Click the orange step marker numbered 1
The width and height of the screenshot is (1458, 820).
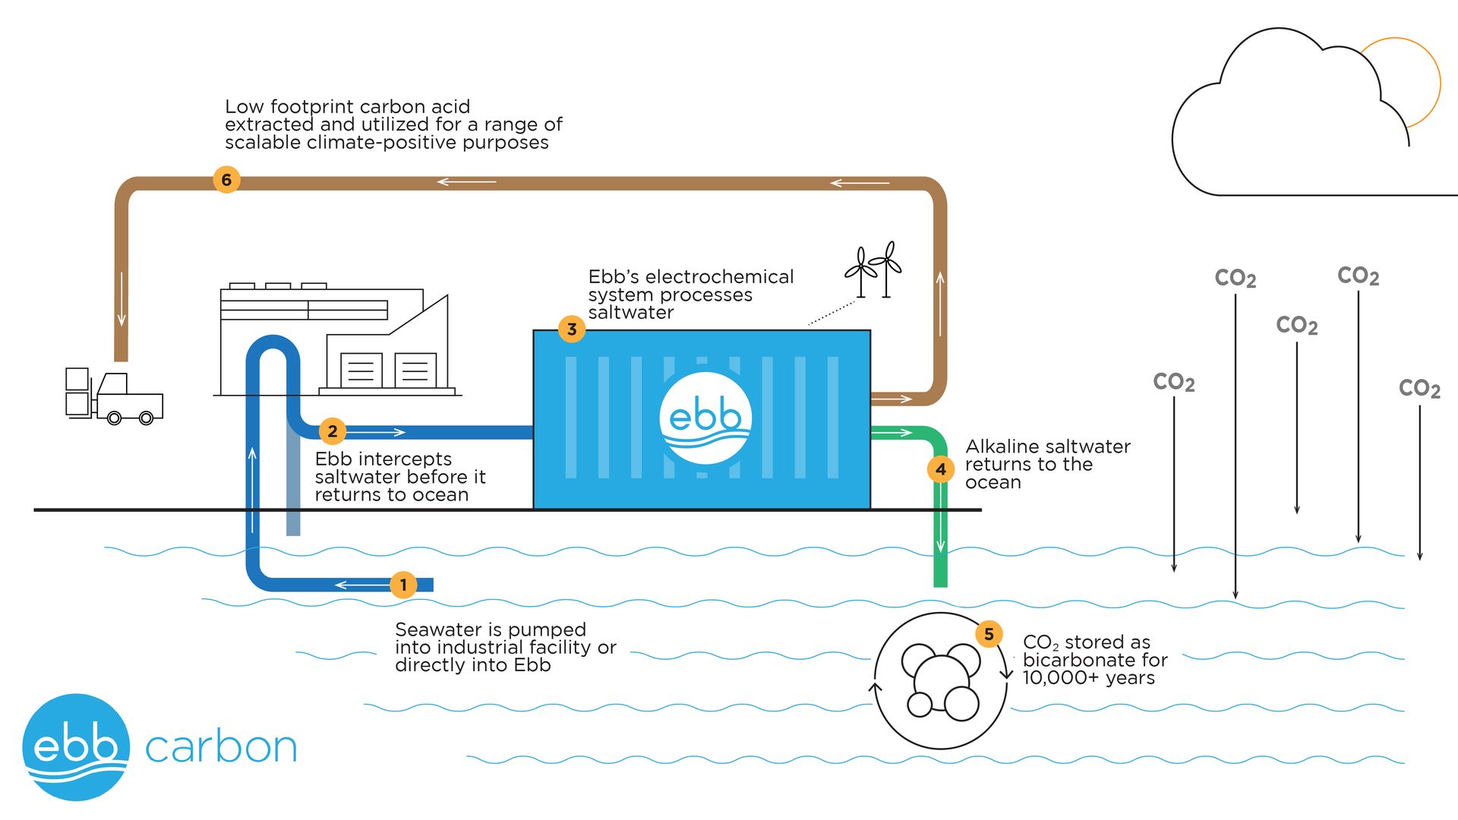tap(403, 585)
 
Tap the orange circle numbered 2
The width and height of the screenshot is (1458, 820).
tap(332, 431)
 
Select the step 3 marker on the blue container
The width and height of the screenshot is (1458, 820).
tap(572, 330)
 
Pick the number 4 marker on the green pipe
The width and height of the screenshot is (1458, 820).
tap(941, 469)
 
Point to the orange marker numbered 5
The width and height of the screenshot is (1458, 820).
tap(989, 634)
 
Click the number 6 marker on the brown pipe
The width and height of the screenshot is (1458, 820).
tap(226, 180)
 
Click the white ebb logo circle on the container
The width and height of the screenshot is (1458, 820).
tap(705, 418)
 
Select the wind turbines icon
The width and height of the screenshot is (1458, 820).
tap(874, 270)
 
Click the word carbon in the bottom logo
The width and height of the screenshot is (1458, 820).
tap(220, 748)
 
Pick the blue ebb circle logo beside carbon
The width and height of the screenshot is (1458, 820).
tap(76, 747)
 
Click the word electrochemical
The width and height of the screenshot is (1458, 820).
tap(718, 277)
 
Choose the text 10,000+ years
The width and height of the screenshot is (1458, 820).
tap(1088, 678)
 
